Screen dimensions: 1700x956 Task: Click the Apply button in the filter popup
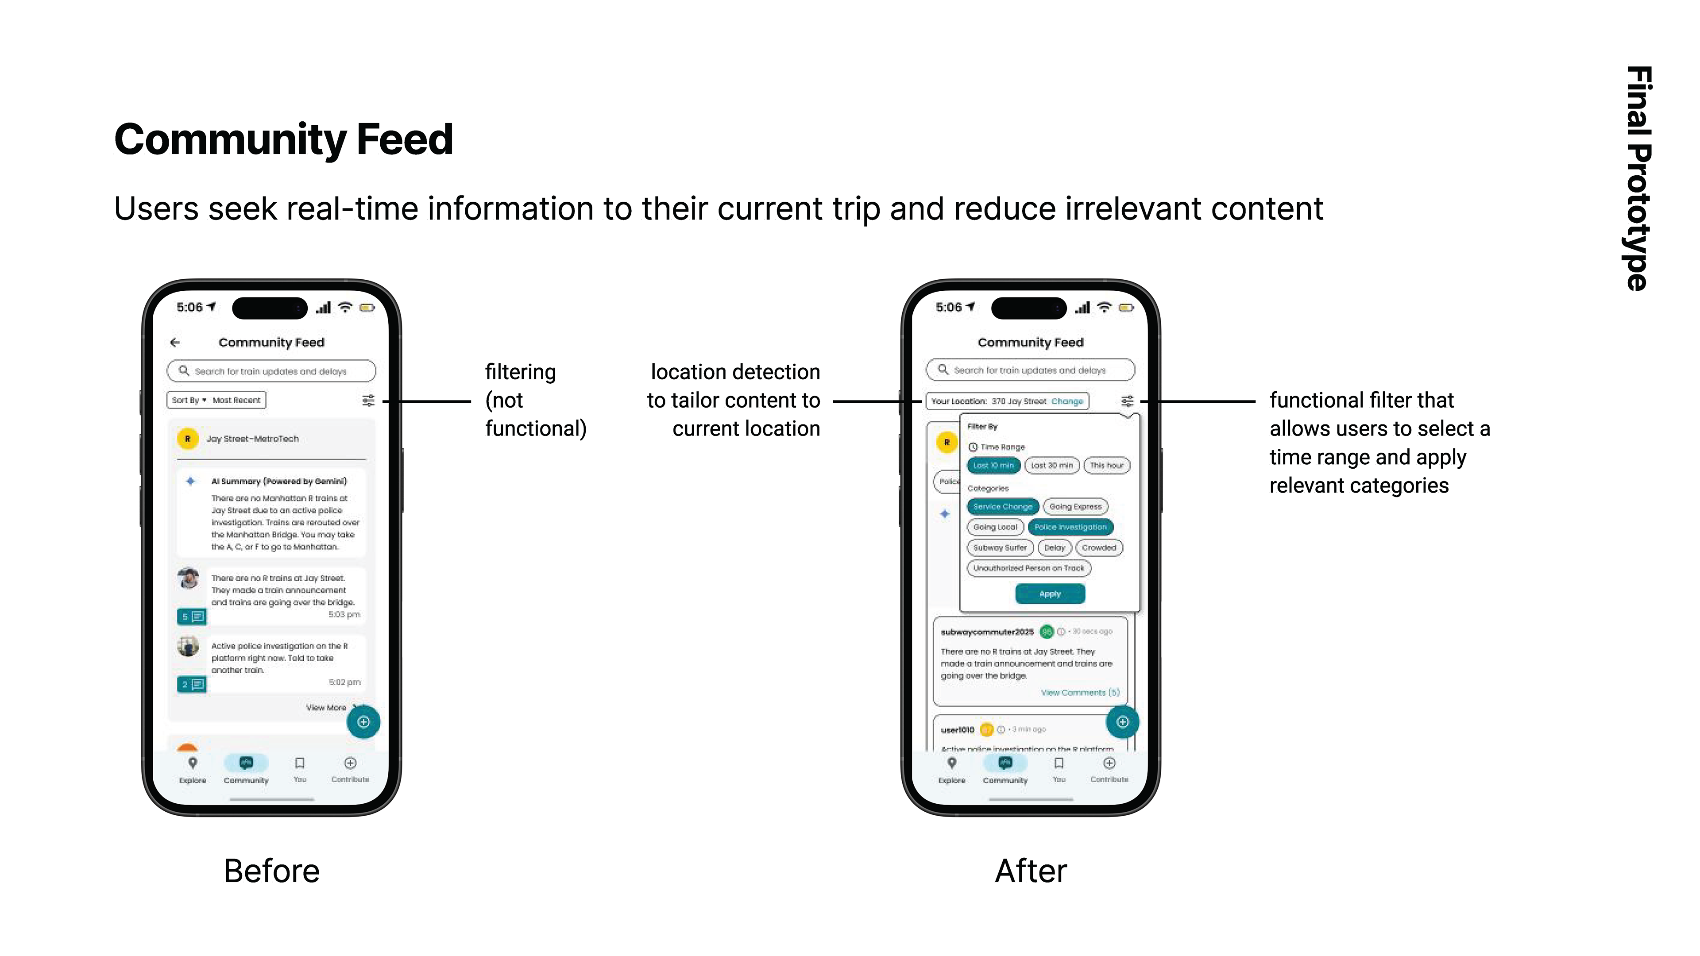[x=1049, y=594]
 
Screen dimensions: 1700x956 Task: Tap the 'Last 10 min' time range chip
[x=993, y=466]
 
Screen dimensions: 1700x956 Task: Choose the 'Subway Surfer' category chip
[x=1000, y=547]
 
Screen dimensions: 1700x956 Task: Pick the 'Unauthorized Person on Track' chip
[x=1028, y=568]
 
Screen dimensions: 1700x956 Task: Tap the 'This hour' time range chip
[x=1106, y=466]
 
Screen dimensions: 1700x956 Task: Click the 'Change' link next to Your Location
[x=1067, y=401]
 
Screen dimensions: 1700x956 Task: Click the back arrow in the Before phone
[x=175, y=343]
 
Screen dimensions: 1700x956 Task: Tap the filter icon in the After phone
[x=1127, y=401]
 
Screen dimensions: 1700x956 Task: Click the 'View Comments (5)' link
[x=1080, y=693]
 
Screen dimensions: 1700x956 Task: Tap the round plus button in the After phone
[x=1122, y=722]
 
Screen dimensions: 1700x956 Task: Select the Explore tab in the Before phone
[x=193, y=769]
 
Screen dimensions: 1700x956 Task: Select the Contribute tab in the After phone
[x=1109, y=769]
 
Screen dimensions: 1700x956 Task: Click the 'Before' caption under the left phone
[x=271, y=871]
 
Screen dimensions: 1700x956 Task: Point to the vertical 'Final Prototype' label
[x=1638, y=178]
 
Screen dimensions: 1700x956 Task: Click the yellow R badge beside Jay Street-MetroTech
[x=188, y=439]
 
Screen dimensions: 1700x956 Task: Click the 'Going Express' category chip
[x=1075, y=507]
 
